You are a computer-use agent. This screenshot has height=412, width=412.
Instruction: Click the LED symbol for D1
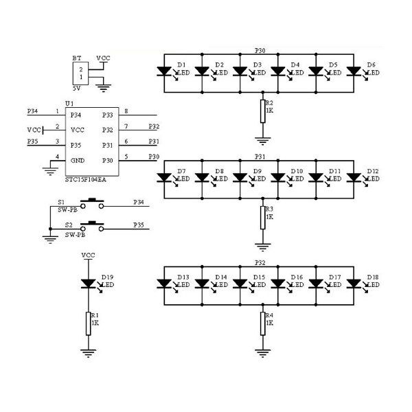(x=165, y=70)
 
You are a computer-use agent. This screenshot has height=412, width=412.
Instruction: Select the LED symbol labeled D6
(x=354, y=70)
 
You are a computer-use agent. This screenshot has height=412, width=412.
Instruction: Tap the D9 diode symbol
(x=240, y=176)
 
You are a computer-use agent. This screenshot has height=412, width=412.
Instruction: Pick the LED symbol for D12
(x=354, y=176)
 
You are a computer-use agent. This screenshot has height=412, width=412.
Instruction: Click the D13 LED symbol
(x=165, y=282)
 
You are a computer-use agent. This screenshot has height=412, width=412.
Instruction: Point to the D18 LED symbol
(x=354, y=282)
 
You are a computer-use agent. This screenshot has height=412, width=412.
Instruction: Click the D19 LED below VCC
(x=88, y=282)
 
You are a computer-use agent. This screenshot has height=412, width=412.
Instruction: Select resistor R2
(x=263, y=111)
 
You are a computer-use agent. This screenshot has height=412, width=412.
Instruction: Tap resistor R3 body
(x=263, y=217)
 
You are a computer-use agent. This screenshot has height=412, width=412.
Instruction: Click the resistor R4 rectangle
(x=263, y=323)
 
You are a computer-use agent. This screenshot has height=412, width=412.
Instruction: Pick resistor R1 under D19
(x=88, y=323)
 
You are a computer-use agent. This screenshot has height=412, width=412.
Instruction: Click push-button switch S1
(x=92, y=203)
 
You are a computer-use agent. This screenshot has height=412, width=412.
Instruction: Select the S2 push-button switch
(x=92, y=225)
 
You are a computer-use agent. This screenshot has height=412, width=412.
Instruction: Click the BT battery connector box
(x=80, y=73)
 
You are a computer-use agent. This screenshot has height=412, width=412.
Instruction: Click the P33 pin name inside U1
(x=107, y=115)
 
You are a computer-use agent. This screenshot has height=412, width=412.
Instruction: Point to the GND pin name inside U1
(x=77, y=161)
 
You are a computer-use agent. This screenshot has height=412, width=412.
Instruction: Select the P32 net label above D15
(x=260, y=262)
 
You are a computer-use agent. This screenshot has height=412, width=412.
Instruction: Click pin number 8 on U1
(x=126, y=111)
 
